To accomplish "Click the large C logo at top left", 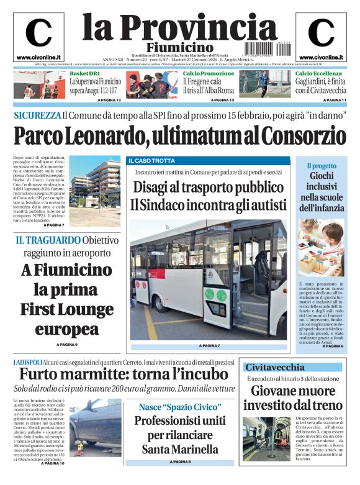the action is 38,32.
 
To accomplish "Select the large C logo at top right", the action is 320,32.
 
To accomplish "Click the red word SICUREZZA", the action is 37,116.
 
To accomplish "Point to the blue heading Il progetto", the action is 321,166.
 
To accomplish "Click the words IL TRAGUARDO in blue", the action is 47,240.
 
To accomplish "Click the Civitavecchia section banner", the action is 275,367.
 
